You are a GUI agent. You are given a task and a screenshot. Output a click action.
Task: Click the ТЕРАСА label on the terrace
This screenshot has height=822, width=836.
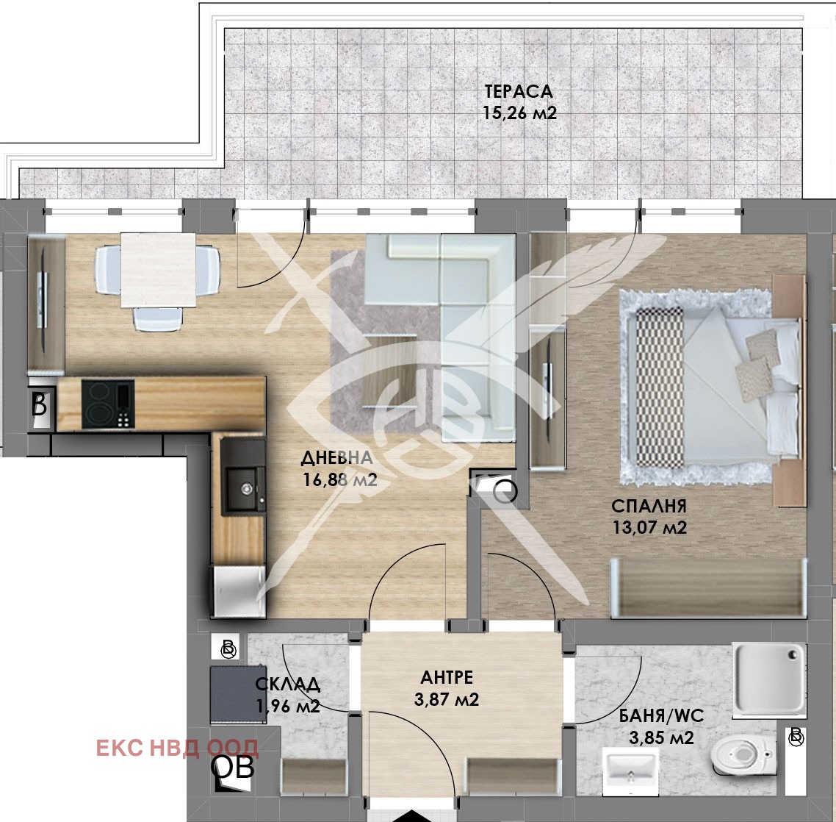point(519,92)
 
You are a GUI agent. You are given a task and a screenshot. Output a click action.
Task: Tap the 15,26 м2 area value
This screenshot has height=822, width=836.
point(520,113)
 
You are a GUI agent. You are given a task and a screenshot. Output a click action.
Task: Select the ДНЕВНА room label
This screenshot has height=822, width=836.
point(336,457)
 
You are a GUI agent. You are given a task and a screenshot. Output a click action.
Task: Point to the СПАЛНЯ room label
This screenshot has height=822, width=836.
point(649,505)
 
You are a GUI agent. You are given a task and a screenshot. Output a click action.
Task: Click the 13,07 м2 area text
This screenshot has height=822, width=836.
point(649,528)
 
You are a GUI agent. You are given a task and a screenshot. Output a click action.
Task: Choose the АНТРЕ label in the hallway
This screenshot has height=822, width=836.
point(447,677)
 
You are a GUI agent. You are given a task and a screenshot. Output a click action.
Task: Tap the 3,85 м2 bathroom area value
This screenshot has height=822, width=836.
point(661,738)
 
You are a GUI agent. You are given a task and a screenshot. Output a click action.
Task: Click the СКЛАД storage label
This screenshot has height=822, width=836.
point(288,684)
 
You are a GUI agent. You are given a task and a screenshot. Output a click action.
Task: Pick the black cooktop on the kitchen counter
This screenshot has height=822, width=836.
point(108,404)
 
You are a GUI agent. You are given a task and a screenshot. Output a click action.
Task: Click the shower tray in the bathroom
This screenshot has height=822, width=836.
point(769,679)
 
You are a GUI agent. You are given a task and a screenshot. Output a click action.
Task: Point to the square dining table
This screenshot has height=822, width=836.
point(159,270)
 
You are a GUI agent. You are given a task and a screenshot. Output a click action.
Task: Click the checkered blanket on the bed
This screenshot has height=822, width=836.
point(660,388)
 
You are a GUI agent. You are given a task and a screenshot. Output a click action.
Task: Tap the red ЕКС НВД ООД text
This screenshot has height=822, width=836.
point(178,748)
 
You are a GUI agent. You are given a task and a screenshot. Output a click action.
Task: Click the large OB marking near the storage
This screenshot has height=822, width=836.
point(232,768)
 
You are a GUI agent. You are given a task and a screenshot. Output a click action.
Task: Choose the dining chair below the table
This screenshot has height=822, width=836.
point(158,319)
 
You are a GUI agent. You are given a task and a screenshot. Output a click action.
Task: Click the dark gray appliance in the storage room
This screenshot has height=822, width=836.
point(238,694)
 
